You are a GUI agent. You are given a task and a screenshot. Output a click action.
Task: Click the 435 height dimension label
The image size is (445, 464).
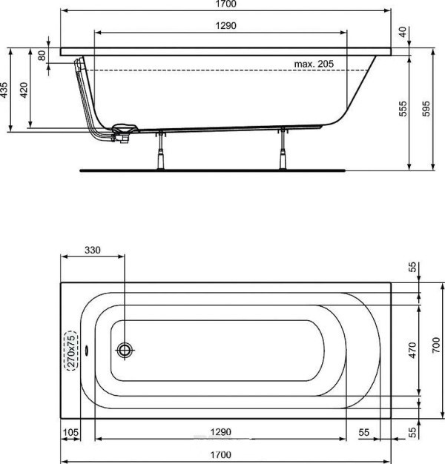coord(4,90)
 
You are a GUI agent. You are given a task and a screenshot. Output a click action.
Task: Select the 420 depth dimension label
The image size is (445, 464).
coord(24,90)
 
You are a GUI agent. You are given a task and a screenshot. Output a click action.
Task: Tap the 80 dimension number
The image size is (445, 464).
coord(42,56)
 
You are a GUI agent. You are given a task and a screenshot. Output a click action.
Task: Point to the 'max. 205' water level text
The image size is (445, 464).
coord(314,64)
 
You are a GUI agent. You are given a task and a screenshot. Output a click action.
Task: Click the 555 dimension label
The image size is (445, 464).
coord(403,109)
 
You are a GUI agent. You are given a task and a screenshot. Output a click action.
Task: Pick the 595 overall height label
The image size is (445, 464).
coord(426,109)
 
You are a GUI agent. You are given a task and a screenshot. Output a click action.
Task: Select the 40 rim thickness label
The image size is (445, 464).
coord(403,32)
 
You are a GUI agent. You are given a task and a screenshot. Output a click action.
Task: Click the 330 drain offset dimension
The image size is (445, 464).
coord(93,250)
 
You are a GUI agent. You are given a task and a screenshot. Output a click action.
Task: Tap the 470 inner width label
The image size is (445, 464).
coord(412,350)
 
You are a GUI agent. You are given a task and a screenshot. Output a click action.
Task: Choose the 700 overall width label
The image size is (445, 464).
coord(436,345)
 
